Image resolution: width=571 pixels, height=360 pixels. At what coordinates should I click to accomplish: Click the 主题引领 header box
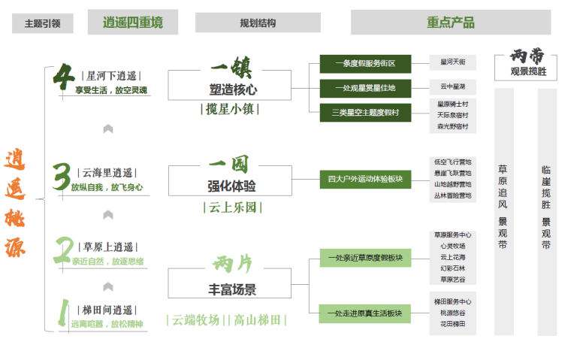tap(42, 23)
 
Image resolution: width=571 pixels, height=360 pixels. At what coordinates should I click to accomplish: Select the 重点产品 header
tap(450, 23)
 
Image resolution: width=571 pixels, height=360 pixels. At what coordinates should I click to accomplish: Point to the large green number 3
tap(62, 177)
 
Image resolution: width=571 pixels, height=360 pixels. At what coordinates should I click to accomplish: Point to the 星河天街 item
tap(452, 62)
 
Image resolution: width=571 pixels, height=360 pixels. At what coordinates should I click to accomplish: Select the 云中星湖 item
tap(452, 86)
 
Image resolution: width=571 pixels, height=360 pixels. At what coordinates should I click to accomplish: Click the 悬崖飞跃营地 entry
tap(452, 173)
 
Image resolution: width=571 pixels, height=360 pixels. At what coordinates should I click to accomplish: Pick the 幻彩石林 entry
tap(452, 268)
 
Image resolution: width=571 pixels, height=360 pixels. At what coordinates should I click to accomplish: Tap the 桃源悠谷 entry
tap(452, 313)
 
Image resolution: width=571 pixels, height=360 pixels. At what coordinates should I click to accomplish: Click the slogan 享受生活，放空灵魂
tap(111, 90)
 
